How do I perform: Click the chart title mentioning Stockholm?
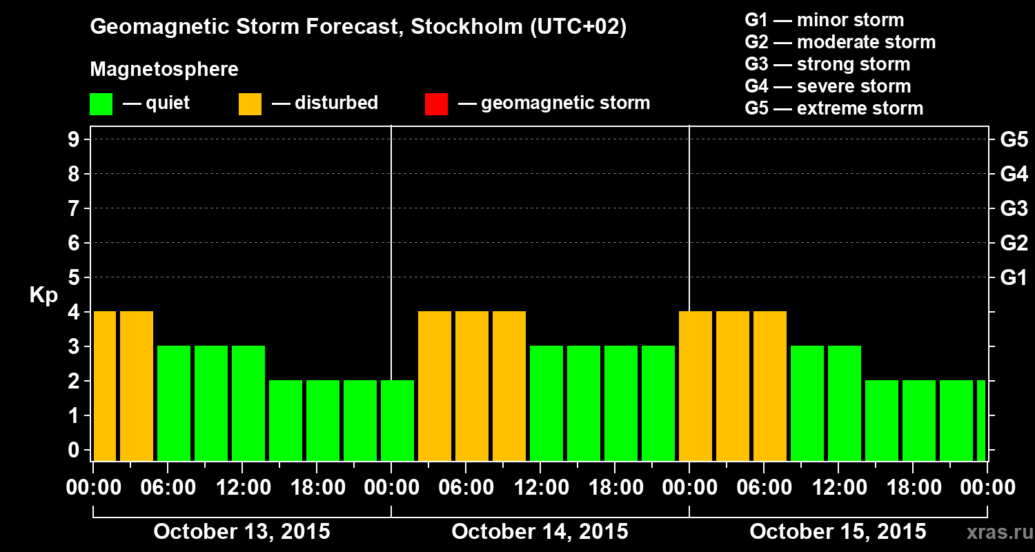pyautogui.click(x=358, y=28)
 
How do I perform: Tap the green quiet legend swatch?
pyautogui.click(x=101, y=104)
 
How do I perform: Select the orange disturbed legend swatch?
pyautogui.click(x=250, y=104)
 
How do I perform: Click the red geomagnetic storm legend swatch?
pyautogui.click(x=436, y=104)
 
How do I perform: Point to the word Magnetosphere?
pyautogui.click(x=164, y=70)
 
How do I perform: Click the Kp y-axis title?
pyautogui.click(x=43, y=295)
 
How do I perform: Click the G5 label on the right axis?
pyautogui.click(x=1014, y=140)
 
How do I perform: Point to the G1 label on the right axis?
pyautogui.click(x=1014, y=278)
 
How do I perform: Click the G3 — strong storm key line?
pyautogui.click(x=827, y=64)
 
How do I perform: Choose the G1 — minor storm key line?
pyautogui.click(x=824, y=20)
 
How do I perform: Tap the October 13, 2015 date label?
pyautogui.click(x=241, y=532)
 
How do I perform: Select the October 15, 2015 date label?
pyautogui.click(x=838, y=532)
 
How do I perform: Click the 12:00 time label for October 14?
pyautogui.click(x=540, y=488)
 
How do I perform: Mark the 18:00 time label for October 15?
pyautogui.click(x=913, y=488)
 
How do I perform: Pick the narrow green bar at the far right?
pyautogui.click(x=981, y=420)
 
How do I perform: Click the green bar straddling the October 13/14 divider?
pyautogui.click(x=397, y=420)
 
